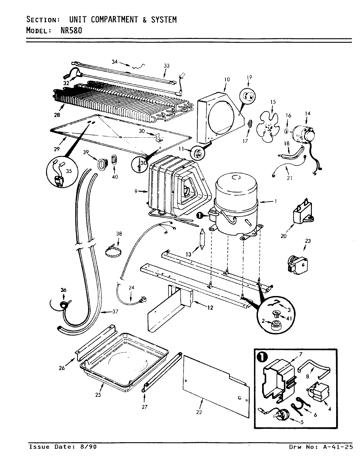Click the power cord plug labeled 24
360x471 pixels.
tap(142, 300)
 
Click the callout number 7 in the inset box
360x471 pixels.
tap(300, 354)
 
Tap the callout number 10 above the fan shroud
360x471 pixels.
tap(227, 79)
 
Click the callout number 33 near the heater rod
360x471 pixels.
tap(167, 66)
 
